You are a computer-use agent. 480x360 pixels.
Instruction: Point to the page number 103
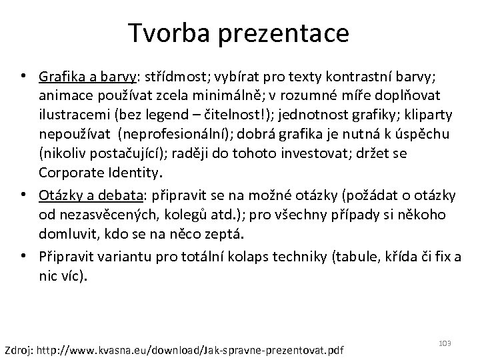point(445,343)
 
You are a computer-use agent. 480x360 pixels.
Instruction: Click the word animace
point(66,93)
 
